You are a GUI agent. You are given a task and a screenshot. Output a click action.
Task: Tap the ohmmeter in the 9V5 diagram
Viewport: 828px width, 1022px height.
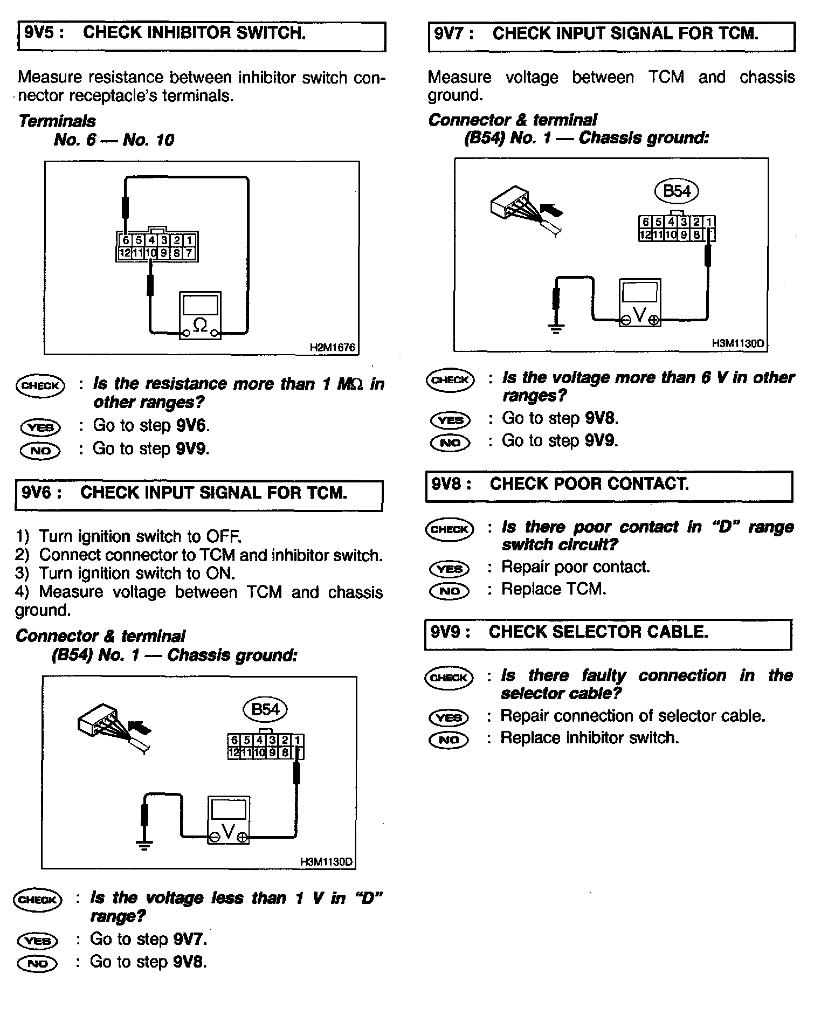[x=200, y=316]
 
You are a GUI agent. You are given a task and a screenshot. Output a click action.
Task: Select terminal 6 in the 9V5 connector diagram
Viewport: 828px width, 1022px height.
[x=125, y=240]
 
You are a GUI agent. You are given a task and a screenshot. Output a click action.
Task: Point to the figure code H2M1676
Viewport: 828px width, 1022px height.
[x=333, y=348]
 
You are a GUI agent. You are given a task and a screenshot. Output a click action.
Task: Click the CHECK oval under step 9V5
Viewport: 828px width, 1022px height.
[x=40, y=385]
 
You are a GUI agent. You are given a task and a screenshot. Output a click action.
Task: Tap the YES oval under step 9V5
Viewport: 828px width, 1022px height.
[x=40, y=427]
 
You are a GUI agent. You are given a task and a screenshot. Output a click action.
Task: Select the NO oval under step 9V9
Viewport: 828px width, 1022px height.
[x=448, y=740]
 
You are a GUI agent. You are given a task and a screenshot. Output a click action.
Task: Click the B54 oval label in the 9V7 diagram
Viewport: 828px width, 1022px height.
[x=677, y=191]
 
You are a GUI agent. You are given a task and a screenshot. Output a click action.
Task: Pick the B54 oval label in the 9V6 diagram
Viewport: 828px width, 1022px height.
[x=266, y=709]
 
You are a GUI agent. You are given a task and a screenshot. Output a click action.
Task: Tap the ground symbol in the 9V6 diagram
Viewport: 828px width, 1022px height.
[x=144, y=845]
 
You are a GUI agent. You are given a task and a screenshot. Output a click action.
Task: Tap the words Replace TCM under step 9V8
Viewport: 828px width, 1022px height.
[x=554, y=589]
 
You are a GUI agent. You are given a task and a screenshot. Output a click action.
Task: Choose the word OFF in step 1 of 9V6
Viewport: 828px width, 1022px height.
[x=223, y=537]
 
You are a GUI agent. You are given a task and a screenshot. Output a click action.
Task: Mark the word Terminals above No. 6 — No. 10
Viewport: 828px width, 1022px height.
[x=57, y=121]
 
